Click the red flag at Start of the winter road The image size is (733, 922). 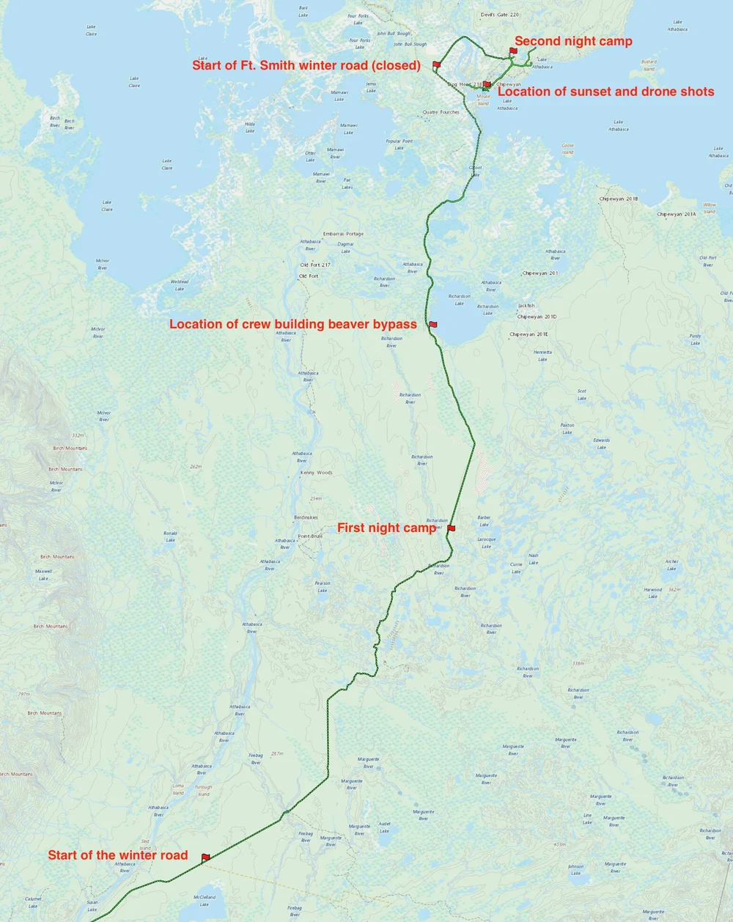tap(205, 857)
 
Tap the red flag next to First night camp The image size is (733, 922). tap(451, 528)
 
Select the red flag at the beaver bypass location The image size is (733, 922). tap(432, 324)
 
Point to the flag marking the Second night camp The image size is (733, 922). tap(513, 51)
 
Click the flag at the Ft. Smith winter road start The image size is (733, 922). tap(436, 64)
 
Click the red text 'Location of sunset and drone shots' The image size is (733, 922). tap(605, 92)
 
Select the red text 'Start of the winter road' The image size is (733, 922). tap(118, 855)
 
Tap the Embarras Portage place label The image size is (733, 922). tap(343, 234)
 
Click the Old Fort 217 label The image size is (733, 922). tap(315, 265)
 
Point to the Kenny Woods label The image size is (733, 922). tap(316, 473)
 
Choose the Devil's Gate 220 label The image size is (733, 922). tap(500, 15)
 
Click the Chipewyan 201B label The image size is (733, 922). tap(618, 199)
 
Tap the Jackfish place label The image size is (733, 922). tap(526, 306)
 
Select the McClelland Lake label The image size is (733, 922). tap(205, 900)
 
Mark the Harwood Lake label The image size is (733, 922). tap(653, 592)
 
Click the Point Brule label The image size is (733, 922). tap(310, 536)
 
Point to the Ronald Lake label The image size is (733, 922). tap(170, 536)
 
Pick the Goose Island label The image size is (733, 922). tap(567, 149)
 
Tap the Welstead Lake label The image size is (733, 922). tap(180, 285)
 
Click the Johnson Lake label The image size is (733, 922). tap(575, 870)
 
